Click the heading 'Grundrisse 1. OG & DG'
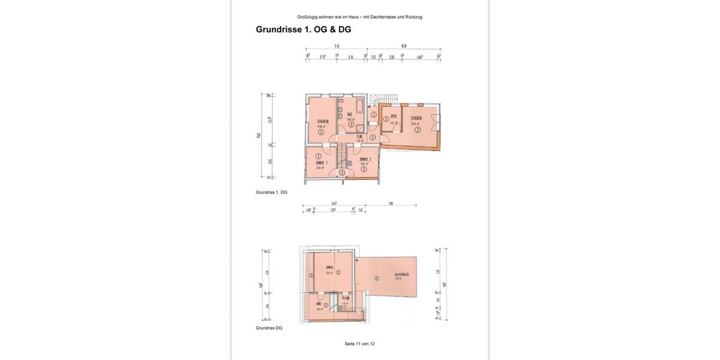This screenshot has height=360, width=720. [304, 29]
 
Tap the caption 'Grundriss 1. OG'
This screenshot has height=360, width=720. [271, 193]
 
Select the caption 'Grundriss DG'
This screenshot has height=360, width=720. [269, 328]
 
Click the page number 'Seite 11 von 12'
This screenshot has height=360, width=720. [359, 344]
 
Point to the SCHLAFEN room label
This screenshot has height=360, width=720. [322, 121]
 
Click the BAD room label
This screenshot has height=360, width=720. [349, 114]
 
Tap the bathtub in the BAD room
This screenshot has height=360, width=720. [359, 108]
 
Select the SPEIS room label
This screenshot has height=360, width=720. [394, 116]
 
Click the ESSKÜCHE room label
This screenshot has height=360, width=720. [416, 118]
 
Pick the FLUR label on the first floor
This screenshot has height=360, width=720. [359, 137]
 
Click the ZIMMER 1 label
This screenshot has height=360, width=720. [322, 163]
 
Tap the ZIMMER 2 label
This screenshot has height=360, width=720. [365, 160]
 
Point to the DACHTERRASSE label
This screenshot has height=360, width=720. [401, 275]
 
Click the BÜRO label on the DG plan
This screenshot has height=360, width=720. [318, 304]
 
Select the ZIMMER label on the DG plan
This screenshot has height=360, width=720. [329, 268]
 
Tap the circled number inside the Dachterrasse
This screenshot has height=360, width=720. [377, 278]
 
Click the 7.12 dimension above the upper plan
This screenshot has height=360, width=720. [337, 46]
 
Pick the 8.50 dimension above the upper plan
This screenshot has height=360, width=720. [404, 46]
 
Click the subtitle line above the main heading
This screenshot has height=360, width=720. [359, 17]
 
